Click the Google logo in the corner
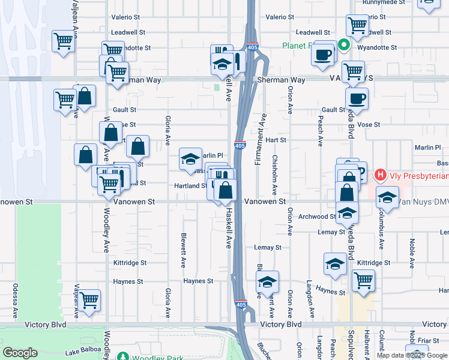[20, 353]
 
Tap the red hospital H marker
[379, 176]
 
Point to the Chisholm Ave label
[275, 174]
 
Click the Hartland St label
[191, 186]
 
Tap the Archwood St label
[318, 217]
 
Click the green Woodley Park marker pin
[123, 356]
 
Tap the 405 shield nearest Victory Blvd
[241, 305]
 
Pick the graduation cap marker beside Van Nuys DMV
[388, 197]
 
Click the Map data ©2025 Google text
[412, 355]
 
